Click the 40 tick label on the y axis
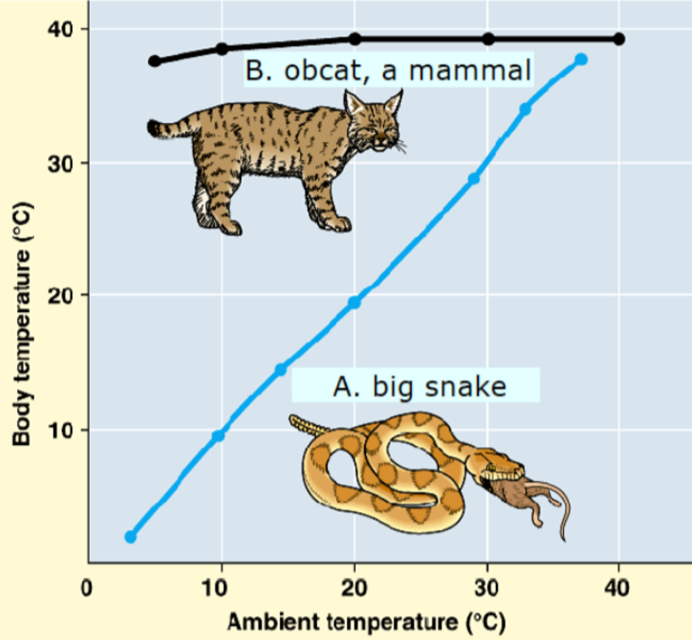point(59,28)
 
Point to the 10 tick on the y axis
point(59,430)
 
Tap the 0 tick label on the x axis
point(87,588)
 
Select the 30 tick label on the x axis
point(487,588)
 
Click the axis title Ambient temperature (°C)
point(366,622)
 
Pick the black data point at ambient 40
point(619,39)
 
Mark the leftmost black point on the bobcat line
point(155,61)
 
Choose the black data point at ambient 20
point(355,39)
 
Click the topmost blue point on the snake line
point(581,59)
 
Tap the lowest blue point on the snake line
point(131,537)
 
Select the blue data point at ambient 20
point(354,302)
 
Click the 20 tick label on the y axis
point(59,294)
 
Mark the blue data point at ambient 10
point(218,436)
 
